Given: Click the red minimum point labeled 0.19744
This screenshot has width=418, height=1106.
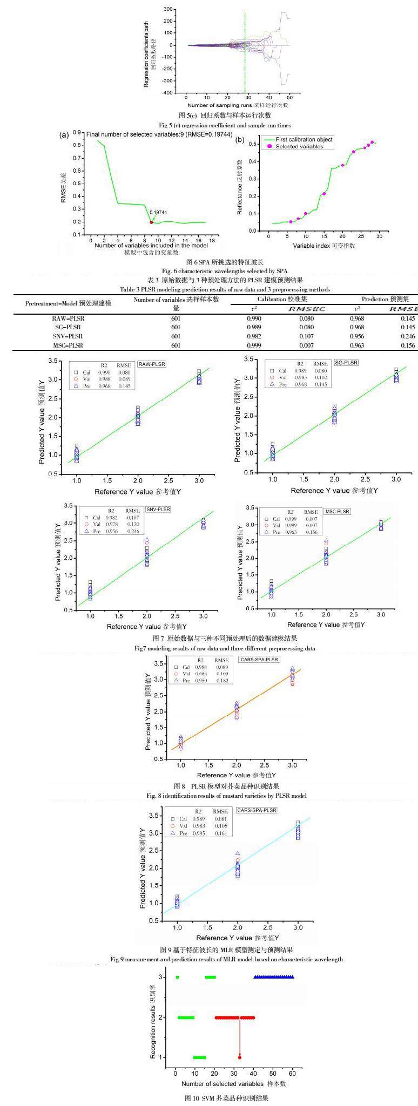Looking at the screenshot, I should tap(151, 222).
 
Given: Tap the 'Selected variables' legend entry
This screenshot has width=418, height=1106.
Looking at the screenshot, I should tap(299, 146).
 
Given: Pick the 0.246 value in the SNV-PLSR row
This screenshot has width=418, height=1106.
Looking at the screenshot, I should tap(408, 336).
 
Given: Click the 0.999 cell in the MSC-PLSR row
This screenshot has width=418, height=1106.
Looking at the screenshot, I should tap(254, 345).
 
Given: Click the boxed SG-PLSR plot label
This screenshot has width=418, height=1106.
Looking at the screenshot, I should tap(347, 362).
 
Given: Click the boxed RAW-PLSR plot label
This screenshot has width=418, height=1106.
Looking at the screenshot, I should tap(152, 364).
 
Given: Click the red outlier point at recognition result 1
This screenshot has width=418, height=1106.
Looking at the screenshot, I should tap(240, 1042).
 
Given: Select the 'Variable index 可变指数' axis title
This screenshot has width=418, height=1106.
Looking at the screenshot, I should tap(324, 246).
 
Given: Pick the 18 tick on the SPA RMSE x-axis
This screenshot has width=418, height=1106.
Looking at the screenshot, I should tap(212, 240).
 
